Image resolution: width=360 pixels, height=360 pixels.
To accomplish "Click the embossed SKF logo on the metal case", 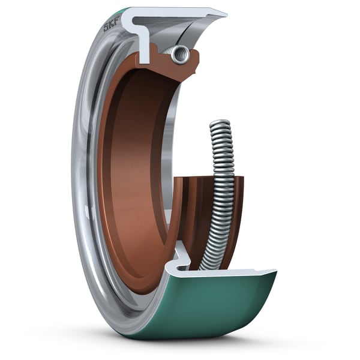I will coord(110,26).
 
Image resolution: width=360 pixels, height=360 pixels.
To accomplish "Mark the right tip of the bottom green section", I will coord(275,273).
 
